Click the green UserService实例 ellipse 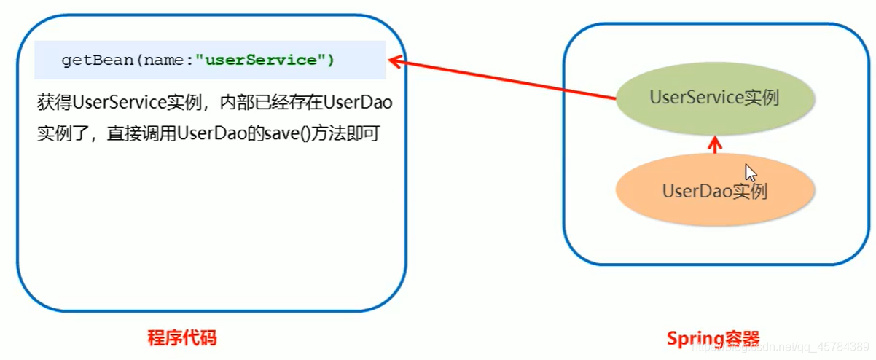point(714,99)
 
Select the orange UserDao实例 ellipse point(714,191)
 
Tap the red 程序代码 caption point(182,338)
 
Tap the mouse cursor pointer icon point(751,173)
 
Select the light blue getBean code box point(210,60)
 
